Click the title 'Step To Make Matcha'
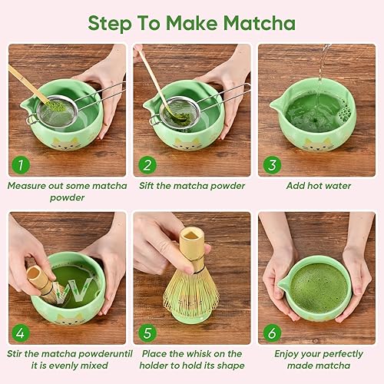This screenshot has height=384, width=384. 191,22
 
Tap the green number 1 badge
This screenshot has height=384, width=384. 21,164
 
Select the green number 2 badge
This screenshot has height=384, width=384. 147,164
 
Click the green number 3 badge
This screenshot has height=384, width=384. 272,164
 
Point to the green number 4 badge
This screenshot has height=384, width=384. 21,333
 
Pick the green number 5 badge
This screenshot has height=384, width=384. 147,333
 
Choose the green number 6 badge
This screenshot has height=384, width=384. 272,333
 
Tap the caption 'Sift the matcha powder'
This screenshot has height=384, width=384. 192,185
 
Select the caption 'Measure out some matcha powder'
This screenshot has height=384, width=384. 66,190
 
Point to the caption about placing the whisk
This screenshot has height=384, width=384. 192,359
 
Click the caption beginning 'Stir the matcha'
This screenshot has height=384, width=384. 66,359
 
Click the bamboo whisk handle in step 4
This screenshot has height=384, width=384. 40,281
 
